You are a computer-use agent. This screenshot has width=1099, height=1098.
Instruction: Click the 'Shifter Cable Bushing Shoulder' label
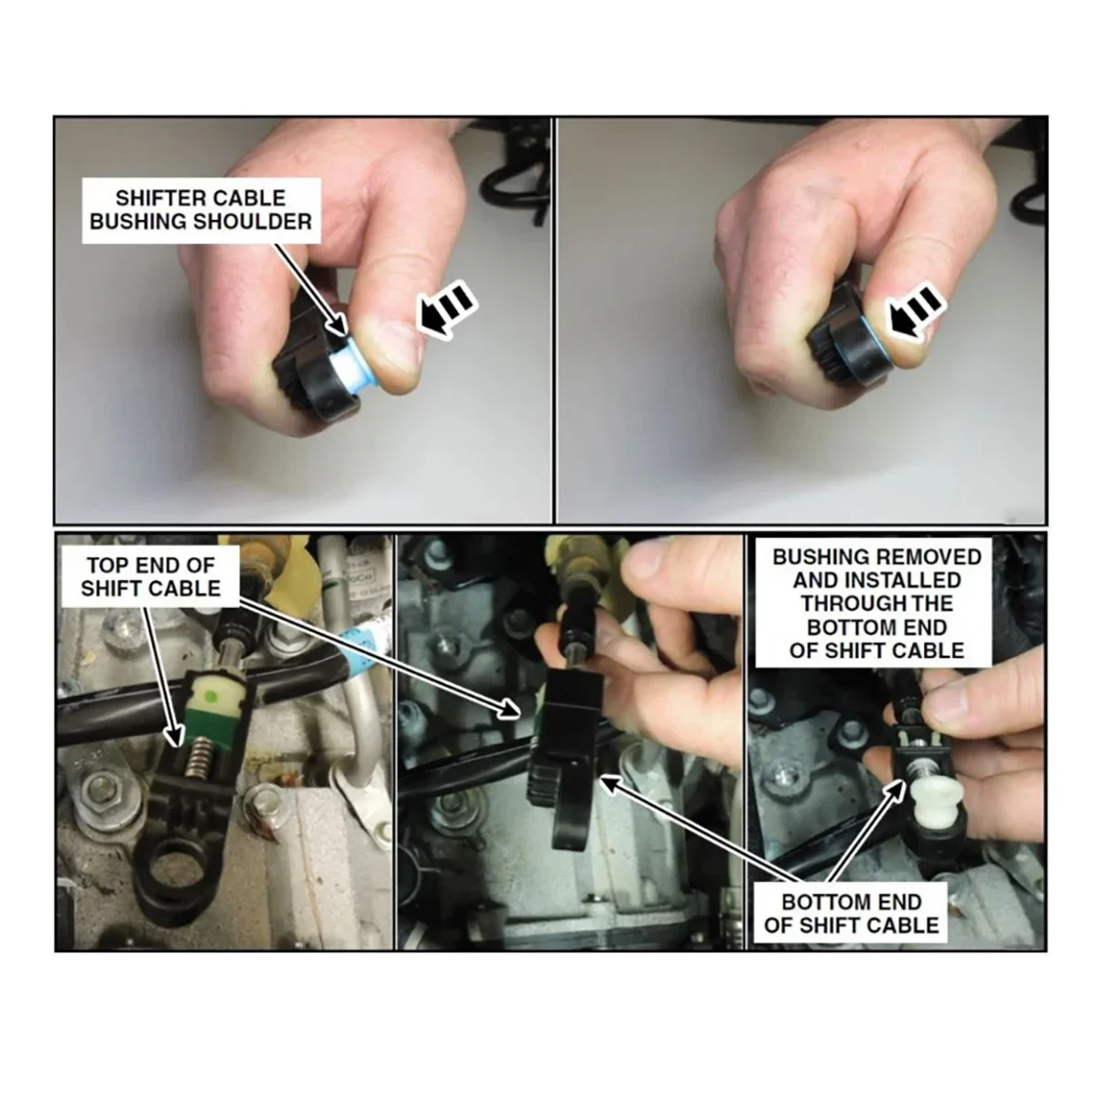[201, 210]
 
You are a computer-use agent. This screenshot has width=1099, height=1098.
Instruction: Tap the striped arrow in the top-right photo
[917, 313]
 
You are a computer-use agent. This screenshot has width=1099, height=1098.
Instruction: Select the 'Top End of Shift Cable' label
[150, 575]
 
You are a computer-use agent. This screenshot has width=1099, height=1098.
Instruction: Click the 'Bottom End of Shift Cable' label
[851, 913]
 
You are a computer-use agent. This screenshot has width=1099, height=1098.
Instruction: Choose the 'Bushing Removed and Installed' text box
[876, 603]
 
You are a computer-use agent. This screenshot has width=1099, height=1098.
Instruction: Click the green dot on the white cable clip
[213, 697]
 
